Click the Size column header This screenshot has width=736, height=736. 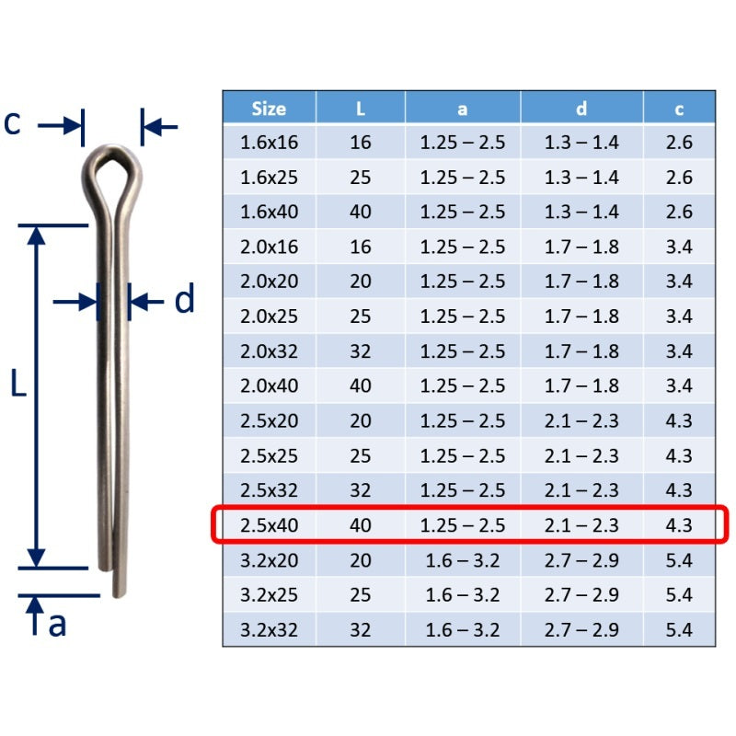pos(269,109)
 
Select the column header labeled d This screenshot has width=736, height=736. pos(581,109)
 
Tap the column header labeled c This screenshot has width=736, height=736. pos(679,109)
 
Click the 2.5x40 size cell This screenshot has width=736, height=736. pos(269,525)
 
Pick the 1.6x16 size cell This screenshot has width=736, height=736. pos(269,143)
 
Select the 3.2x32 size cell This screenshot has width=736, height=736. pos(269,630)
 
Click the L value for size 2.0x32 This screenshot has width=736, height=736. pos(361,351)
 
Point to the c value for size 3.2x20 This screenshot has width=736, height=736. pos(679,560)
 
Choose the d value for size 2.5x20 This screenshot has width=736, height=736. pos(581,421)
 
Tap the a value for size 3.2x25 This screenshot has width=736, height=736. pos(463,595)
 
